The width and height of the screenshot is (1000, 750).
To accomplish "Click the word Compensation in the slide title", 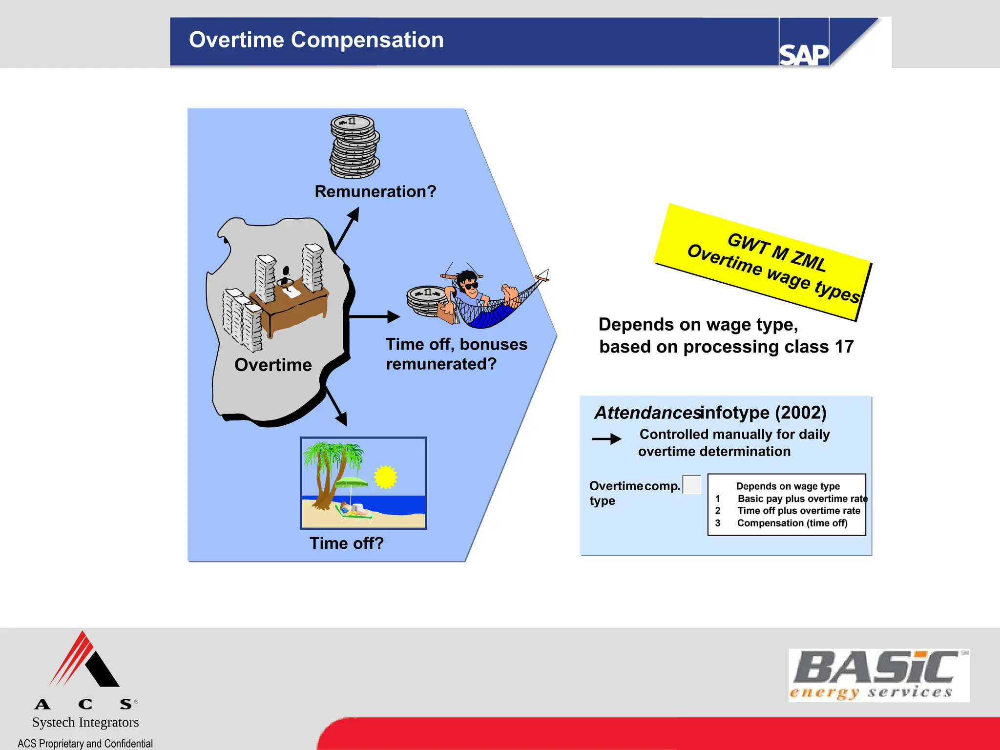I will [x=367, y=40].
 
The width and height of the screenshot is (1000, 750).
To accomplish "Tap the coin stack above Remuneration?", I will [x=355, y=147].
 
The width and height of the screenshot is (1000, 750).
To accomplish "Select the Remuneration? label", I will [x=375, y=191].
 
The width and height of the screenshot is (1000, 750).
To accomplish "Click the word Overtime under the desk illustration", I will [x=273, y=365].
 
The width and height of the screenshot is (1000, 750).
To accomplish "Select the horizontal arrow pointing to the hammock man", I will [x=374, y=317].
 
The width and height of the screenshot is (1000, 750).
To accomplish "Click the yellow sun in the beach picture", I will [x=385, y=477].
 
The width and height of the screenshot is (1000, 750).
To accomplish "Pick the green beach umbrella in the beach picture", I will [x=352, y=483].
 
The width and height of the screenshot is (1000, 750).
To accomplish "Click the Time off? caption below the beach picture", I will [x=347, y=543].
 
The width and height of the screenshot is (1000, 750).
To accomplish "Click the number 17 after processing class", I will [x=844, y=347].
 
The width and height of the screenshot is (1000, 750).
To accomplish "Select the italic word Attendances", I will [x=647, y=413].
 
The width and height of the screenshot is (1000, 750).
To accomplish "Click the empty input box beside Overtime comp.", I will [x=691, y=485].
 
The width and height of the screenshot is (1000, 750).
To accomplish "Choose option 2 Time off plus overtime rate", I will [x=798, y=511].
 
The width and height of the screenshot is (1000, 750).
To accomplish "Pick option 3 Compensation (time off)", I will [x=792, y=523].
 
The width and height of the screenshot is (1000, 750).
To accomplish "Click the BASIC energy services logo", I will [x=878, y=675].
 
